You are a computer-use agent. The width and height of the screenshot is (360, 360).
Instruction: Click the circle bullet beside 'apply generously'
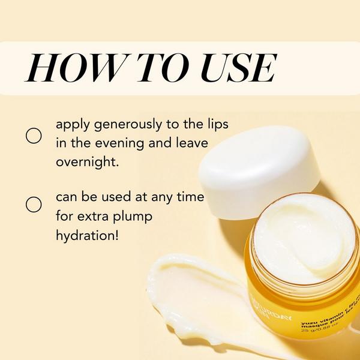pyautogui.click(x=34, y=136)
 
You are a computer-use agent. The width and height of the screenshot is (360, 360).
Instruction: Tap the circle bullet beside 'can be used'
pyautogui.click(x=34, y=205)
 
